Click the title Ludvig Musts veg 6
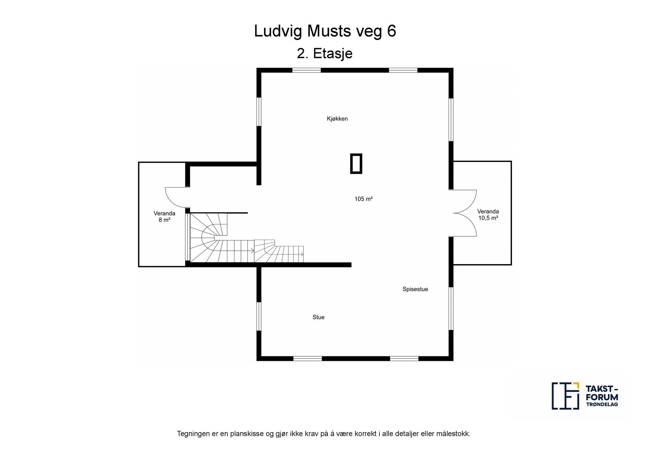325,31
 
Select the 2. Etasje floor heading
325,54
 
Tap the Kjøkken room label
337,119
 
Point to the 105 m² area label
363,199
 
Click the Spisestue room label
415,289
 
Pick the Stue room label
318,317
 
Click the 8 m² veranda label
164,220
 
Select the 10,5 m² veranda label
488,218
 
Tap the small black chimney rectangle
356,164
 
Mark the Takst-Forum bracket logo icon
565,396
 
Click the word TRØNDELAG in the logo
602,405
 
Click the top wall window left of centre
306,70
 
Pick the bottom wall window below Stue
308,359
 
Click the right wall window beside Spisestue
451,308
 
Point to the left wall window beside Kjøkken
259,112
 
